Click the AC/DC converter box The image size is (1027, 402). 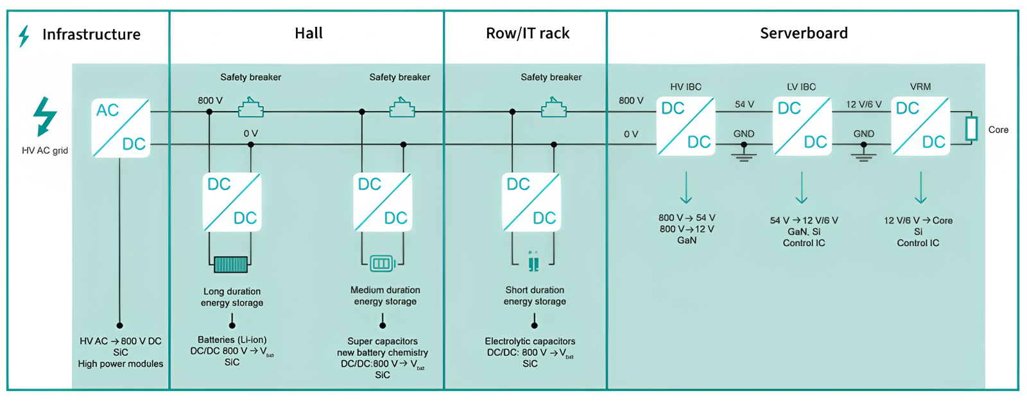pyautogui.click(x=121, y=128)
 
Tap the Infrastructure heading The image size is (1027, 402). pyautogui.click(x=91, y=35)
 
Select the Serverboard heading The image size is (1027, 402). pyautogui.click(x=804, y=33)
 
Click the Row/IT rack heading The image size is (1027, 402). pyautogui.click(x=528, y=33)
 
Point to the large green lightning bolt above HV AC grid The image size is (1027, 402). pyautogui.click(x=45, y=116)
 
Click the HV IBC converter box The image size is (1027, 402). pyautogui.click(x=686, y=126)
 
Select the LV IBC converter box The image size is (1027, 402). pyautogui.click(x=802, y=126)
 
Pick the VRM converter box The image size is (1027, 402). pyautogui.click(x=920, y=126)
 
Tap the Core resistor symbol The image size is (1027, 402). pyautogui.click(x=972, y=128)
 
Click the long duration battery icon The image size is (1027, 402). pyautogui.click(x=231, y=264)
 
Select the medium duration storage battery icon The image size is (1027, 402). pyautogui.click(x=381, y=263)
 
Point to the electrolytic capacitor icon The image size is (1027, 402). pyautogui.click(x=533, y=261)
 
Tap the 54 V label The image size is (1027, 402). pyautogui.click(x=745, y=104)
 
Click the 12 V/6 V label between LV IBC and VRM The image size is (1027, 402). pyautogui.click(x=863, y=104)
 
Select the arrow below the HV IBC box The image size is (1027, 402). pyautogui.click(x=686, y=188)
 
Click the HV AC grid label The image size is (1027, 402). pyautogui.click(x=45, y=150)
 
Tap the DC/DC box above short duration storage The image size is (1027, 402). pyautogui.click(x=531, y=202)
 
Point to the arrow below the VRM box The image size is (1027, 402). pyautogui.click(x=920, y=188)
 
